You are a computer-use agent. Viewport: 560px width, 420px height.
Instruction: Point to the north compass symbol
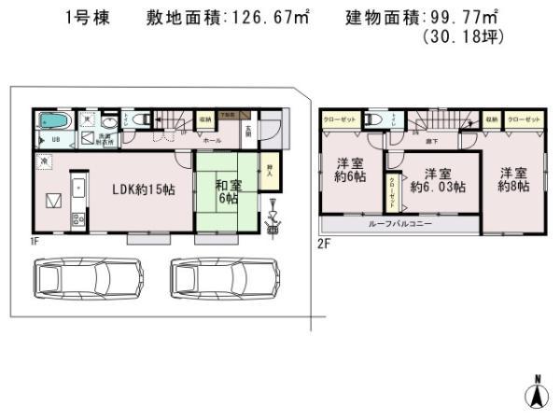pyautogui.click(x=537, y=393)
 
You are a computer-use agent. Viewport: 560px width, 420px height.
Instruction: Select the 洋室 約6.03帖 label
pyautogui.click(x=438, y=180)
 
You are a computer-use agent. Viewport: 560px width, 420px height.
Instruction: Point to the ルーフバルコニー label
pyautogui.click(x=399, y=225)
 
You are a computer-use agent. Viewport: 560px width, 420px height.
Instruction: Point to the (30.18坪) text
pyautogui.click(x=463, y=37)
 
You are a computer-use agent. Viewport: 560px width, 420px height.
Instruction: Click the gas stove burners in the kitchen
pyautogui.click(x=77, y=221)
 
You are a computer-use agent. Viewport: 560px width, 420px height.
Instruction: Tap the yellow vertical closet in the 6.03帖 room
pyautogui.click(x=393, y=191)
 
